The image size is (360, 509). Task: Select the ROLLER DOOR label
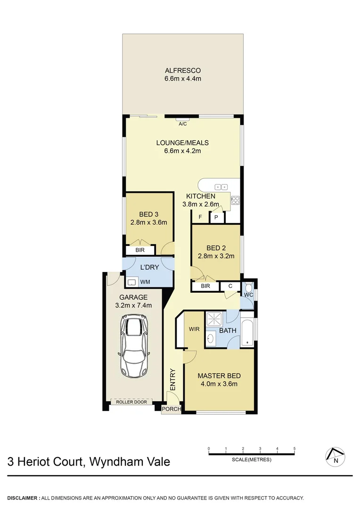(x=131, y=402)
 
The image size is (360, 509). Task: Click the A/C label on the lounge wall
(x=183, y=124)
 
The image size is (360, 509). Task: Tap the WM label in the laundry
(x=145, y=282)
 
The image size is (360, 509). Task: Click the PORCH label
(x=171, y=409)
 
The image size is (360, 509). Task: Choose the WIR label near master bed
(x=194, y=328)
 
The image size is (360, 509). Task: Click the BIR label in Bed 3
(x=140, y=250)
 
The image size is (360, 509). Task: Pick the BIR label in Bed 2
(x=205, y=286)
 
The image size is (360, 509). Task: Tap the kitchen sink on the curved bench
(x=221, y=187)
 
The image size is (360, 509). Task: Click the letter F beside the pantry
(x=200, y=217)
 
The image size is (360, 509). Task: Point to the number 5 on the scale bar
(x=295, y=449)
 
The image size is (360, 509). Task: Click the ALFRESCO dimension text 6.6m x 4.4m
(x=183, y=78)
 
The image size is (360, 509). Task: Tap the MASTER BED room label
(x=219, y=376)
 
